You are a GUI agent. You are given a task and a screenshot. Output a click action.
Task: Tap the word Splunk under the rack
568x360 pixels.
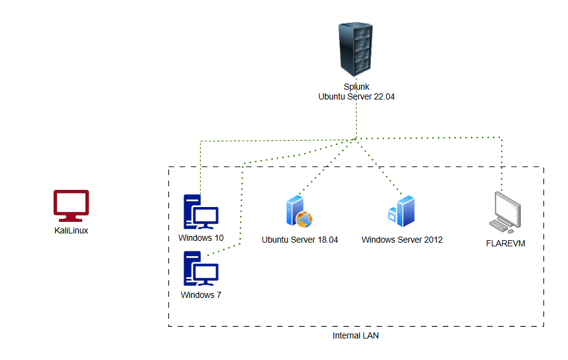[x=356, y=87]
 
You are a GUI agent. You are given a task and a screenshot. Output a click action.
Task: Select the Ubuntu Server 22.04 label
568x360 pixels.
[x=356, y=96]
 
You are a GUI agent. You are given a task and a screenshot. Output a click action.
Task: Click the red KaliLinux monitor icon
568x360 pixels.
[x=71, y=205]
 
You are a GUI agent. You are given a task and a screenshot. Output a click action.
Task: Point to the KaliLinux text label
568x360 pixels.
[x=71, y=231]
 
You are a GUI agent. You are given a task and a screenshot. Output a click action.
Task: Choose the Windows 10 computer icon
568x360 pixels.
[x=201, y=213]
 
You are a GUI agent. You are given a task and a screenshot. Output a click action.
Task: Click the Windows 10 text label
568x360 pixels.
[x=201, y=238]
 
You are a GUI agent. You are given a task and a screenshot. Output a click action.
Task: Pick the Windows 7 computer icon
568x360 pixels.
[x=201, y=269]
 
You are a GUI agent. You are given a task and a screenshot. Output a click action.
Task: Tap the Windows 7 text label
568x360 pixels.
[x=201, y=295]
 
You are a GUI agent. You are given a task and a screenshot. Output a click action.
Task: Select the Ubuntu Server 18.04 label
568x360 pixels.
[x=300, y=240]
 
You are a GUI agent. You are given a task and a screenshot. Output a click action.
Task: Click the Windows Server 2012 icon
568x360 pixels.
[x=402, y=211]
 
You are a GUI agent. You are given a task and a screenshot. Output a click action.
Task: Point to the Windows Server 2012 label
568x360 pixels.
[x=402, y=240]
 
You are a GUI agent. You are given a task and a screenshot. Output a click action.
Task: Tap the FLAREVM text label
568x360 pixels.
[x=505, y=243]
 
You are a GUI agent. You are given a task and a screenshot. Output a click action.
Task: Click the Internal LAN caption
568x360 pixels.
[x=356, y=336]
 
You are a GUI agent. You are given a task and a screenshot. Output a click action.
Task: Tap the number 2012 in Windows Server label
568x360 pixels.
[x=432, y=240]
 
